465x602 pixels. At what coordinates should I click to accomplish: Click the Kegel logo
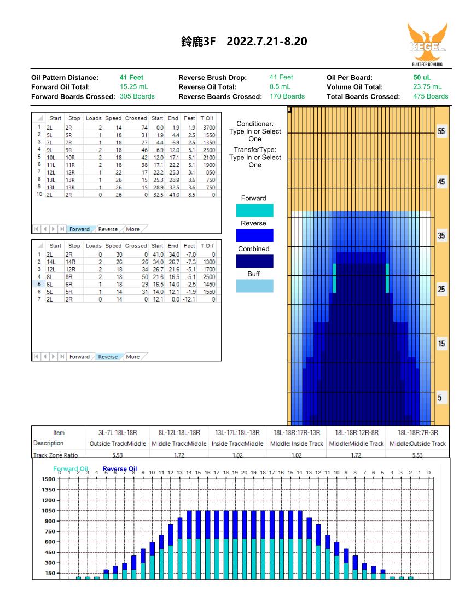pyautogui.click(x=427, y=44)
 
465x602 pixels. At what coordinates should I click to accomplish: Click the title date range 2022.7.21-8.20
pyautogui.click(x=266, y=42)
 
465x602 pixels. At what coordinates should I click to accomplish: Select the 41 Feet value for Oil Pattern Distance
pyautogui.click(x=132, y=77)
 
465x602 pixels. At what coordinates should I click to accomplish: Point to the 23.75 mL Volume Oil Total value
pyautogui.click(x=427, y=87)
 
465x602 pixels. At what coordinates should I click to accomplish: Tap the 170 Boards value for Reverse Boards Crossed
pyautogui.click(x=287, y=96)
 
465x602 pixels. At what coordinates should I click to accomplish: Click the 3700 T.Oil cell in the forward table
pyautogui.click(x=209, y=128)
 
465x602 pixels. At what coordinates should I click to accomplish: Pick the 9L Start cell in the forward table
pyautogui.click(x=49, y=150)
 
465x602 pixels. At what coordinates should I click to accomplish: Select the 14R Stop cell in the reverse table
pyautogui.click(x=70, y=262)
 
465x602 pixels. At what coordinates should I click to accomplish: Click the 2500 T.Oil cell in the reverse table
pyautogui.click(x=209, y=277)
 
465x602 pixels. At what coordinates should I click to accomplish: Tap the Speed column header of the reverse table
pyautogui.click(x=113, y=246)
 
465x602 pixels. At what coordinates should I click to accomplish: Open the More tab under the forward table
pyautogui.click(x=133, y=229)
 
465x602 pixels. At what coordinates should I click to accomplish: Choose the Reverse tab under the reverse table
pyautogui.click(x=108, y=357)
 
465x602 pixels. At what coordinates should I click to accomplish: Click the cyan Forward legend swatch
pyautogui.click(x=255, y=210)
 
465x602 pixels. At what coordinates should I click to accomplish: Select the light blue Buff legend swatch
pyautogui.click(x=255, y=286)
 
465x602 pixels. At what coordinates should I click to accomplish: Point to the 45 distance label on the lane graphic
pyautogui.click(x=441, y=182)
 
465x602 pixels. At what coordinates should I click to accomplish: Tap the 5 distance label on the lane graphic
pyautogui.click(x=440, y=398)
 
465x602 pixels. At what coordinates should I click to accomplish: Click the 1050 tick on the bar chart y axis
pyautogui.click(x=48, y=511)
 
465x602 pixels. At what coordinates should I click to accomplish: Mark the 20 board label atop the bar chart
pyautogui.click(x=245, y=473)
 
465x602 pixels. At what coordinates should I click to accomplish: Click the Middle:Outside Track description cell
pyautogui.click(x=417, y=444)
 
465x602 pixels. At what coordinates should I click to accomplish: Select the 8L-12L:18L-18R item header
pyautogui.click(x=179, y=433)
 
